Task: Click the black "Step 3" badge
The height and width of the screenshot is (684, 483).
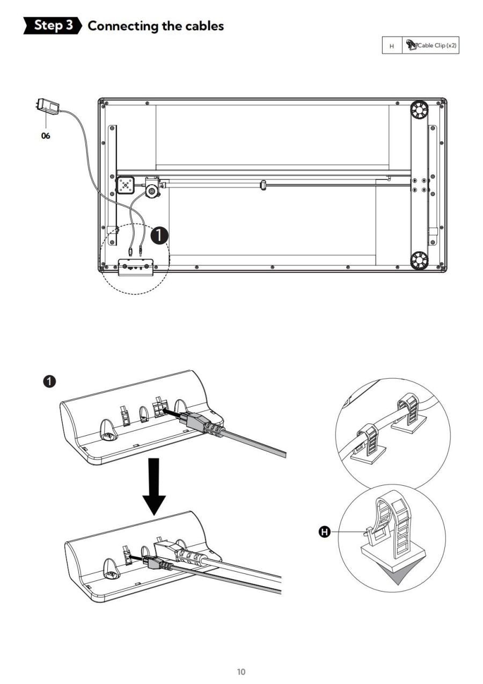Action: (53, 26)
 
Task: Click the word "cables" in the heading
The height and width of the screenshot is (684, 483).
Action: (204, 26)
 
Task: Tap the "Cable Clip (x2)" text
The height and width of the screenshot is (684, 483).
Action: (437, 46)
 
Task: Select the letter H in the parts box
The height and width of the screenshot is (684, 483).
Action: (392, 46)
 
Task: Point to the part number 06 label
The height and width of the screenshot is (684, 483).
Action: (46, 136)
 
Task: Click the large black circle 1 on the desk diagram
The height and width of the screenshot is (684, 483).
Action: (159, 235)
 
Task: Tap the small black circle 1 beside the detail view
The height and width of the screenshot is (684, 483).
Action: (49, 381)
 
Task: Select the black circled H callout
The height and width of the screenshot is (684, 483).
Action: (325, 532)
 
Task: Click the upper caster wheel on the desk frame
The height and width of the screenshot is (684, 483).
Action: (419, 110)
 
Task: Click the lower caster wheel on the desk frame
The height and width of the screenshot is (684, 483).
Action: (419, 261)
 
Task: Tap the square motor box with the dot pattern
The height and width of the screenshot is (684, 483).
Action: (125, 185)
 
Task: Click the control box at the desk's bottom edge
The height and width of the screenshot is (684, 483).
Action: (135, 268)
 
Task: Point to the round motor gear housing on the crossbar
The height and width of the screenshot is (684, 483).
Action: (152, 191)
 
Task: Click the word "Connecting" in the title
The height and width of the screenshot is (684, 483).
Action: (122, 26)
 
